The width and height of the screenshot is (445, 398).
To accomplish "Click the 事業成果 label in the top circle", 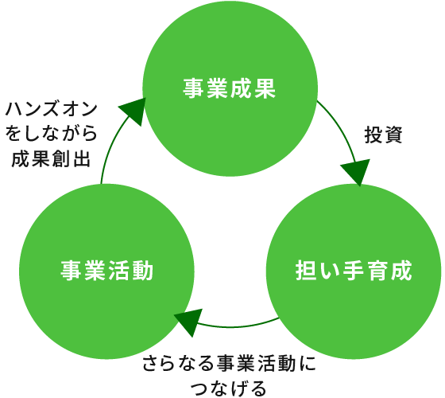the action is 230,88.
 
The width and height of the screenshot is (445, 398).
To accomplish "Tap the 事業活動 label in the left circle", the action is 107,271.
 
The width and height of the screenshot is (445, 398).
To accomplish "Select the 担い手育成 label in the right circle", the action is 354,271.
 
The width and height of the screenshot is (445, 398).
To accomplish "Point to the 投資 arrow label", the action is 383,135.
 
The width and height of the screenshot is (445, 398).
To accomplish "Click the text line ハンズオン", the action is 52,109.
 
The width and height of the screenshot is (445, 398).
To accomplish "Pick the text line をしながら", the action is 52,133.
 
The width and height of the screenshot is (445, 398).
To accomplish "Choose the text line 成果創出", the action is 52,158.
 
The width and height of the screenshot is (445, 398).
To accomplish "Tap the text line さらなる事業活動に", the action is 230,364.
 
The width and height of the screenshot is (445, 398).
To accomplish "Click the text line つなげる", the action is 230,388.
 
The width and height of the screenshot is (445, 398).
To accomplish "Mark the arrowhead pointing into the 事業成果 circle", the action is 133,111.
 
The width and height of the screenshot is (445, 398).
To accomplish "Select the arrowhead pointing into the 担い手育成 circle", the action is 357,172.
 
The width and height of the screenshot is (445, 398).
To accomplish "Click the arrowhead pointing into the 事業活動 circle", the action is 188,322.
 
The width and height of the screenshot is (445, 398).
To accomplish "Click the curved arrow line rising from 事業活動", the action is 110,143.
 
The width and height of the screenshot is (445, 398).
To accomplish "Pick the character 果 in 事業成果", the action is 265,88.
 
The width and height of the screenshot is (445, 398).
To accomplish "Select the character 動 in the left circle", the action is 143,271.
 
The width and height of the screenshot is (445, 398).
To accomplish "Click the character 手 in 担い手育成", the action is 354,271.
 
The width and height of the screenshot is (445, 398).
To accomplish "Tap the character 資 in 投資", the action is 393,135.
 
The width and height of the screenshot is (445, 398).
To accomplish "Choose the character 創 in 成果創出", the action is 62,158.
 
